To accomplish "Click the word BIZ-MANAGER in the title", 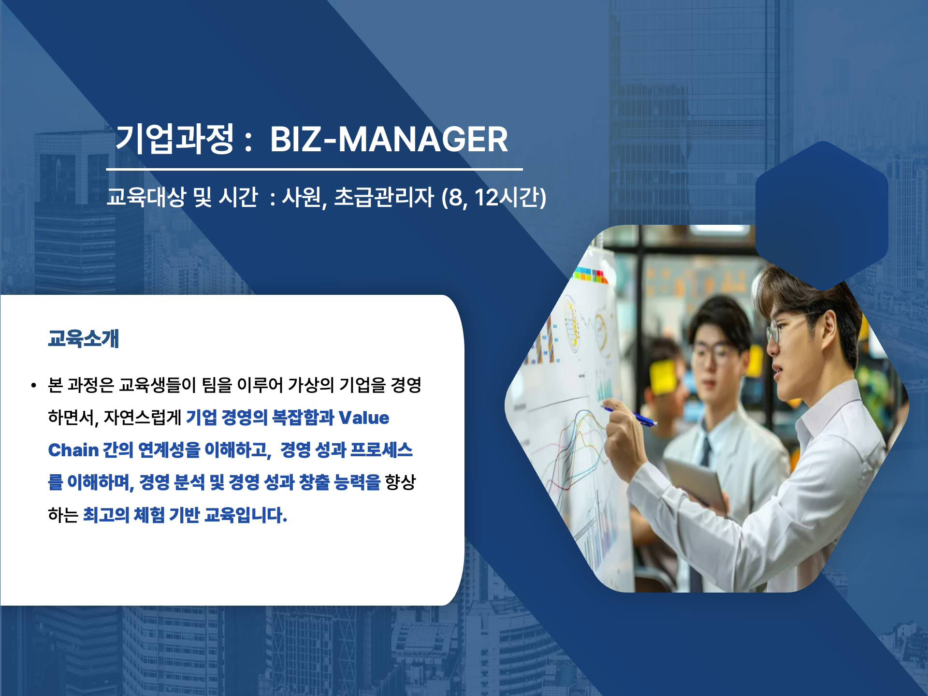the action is click(x=389, y=139).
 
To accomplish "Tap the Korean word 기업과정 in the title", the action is click(x=175, y=139).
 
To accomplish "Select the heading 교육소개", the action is click(x=84, y=338).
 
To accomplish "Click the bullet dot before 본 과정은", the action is click(x=33, y=386).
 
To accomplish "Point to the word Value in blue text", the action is click(x=364, y=418).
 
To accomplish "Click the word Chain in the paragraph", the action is click(x=73, y=450).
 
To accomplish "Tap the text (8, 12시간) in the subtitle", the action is click(x=494, y=198).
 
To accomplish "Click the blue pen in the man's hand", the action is click(x=629, y=416).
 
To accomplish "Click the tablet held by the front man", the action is click(x=696, y=483).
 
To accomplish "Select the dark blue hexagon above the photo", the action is click(x=822, y=216).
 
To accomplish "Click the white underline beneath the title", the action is click(x=315, y=169).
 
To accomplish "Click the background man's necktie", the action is click(x=706, y=452).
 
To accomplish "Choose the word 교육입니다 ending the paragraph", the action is click(x=246, y=515).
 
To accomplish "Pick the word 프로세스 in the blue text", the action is click(x=381, y=450).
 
